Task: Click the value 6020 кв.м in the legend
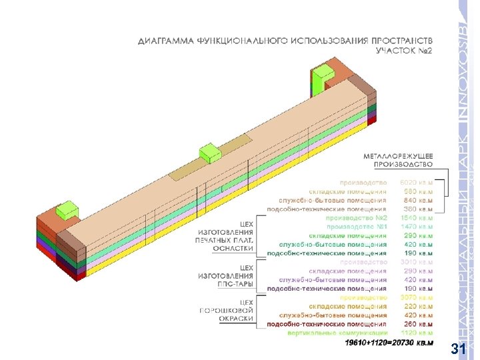(x=417, y=182)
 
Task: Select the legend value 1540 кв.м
(x=417, y=217)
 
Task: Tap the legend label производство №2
(x=357, y=217)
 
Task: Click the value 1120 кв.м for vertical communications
(x=417, y=333)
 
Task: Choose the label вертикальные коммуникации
(x=338, y=333)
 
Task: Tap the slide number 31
(x=459, y=349)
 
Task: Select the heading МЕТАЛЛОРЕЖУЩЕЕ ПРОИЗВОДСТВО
(x=398, y=159)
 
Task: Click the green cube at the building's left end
(x=67, y=211)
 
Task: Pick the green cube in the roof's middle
(x=211, y=153)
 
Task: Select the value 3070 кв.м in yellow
(x=417, y=297)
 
